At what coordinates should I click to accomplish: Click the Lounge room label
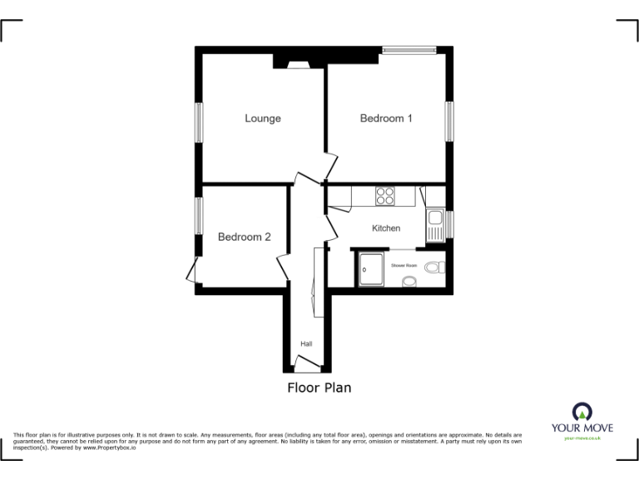[262, 118]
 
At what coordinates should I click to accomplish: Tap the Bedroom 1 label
[386, 118]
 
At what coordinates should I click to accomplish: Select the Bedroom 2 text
[244, 237]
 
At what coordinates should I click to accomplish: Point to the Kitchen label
[386, 228]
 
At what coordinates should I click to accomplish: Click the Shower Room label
[404, 265]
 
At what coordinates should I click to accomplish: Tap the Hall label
[306, 343]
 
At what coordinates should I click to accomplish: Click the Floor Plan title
[319, 387]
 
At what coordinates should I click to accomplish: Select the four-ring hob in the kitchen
[385, 196]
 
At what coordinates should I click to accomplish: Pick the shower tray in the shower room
[371, 267]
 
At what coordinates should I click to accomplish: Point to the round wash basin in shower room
[409, 282]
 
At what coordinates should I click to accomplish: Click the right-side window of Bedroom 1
[448, 122]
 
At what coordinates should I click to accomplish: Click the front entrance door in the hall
[306, 367]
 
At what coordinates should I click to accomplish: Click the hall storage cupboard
[314, 283]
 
